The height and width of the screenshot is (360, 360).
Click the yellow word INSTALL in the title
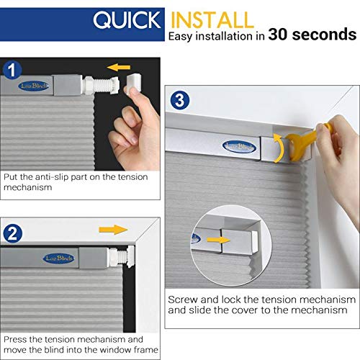point(212,19)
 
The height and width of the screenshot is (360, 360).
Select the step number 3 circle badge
point(180,99)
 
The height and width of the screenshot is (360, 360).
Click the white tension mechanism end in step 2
point(118,255)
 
